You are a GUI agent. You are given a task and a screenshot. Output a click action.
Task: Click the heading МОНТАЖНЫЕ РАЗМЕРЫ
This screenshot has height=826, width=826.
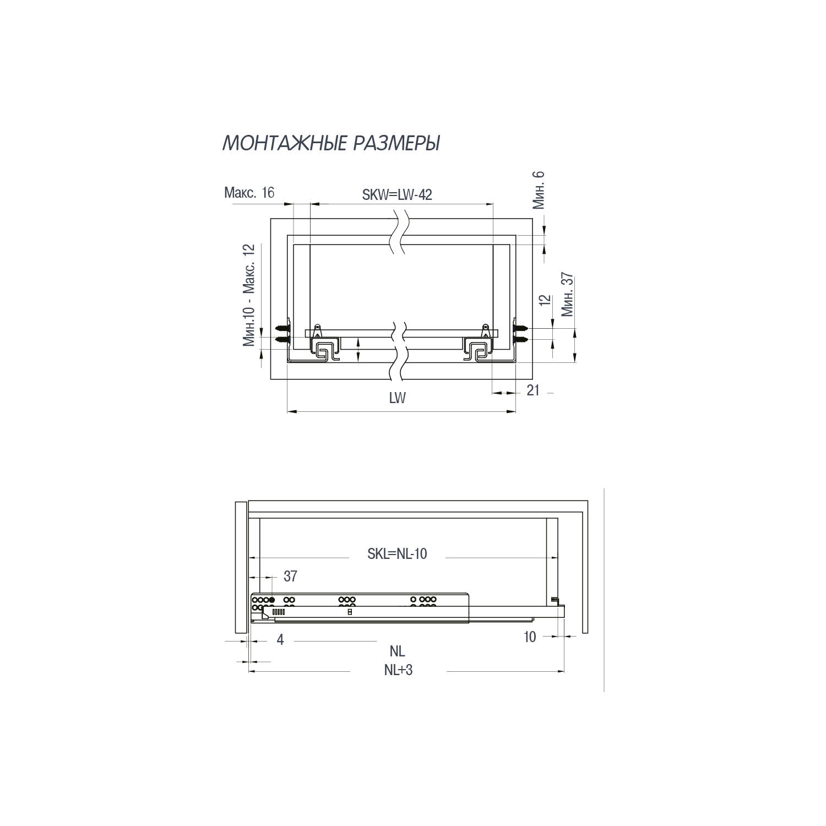tap(331, 143)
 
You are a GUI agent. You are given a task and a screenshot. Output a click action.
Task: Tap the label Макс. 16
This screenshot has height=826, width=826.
tap(249, 193)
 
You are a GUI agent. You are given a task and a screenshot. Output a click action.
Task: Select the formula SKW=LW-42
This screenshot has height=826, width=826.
tap(396, 194)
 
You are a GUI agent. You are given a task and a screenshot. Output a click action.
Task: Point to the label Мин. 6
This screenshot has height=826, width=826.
tap(539, 190)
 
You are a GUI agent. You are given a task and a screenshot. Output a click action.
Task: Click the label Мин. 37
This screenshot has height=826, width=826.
tap(567, 295)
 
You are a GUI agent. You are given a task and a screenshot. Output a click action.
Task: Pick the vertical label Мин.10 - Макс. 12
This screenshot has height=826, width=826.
tap(250, 295)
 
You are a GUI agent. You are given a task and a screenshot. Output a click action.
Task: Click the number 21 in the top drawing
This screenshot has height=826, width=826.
tap(532, 390)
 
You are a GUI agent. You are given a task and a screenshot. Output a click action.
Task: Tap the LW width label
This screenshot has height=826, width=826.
tap(397, 398)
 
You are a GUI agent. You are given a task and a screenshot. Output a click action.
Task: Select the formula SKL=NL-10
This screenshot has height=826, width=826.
tap(397, 554)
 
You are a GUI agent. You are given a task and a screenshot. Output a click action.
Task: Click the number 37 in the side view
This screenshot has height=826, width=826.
tap(290, 576)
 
